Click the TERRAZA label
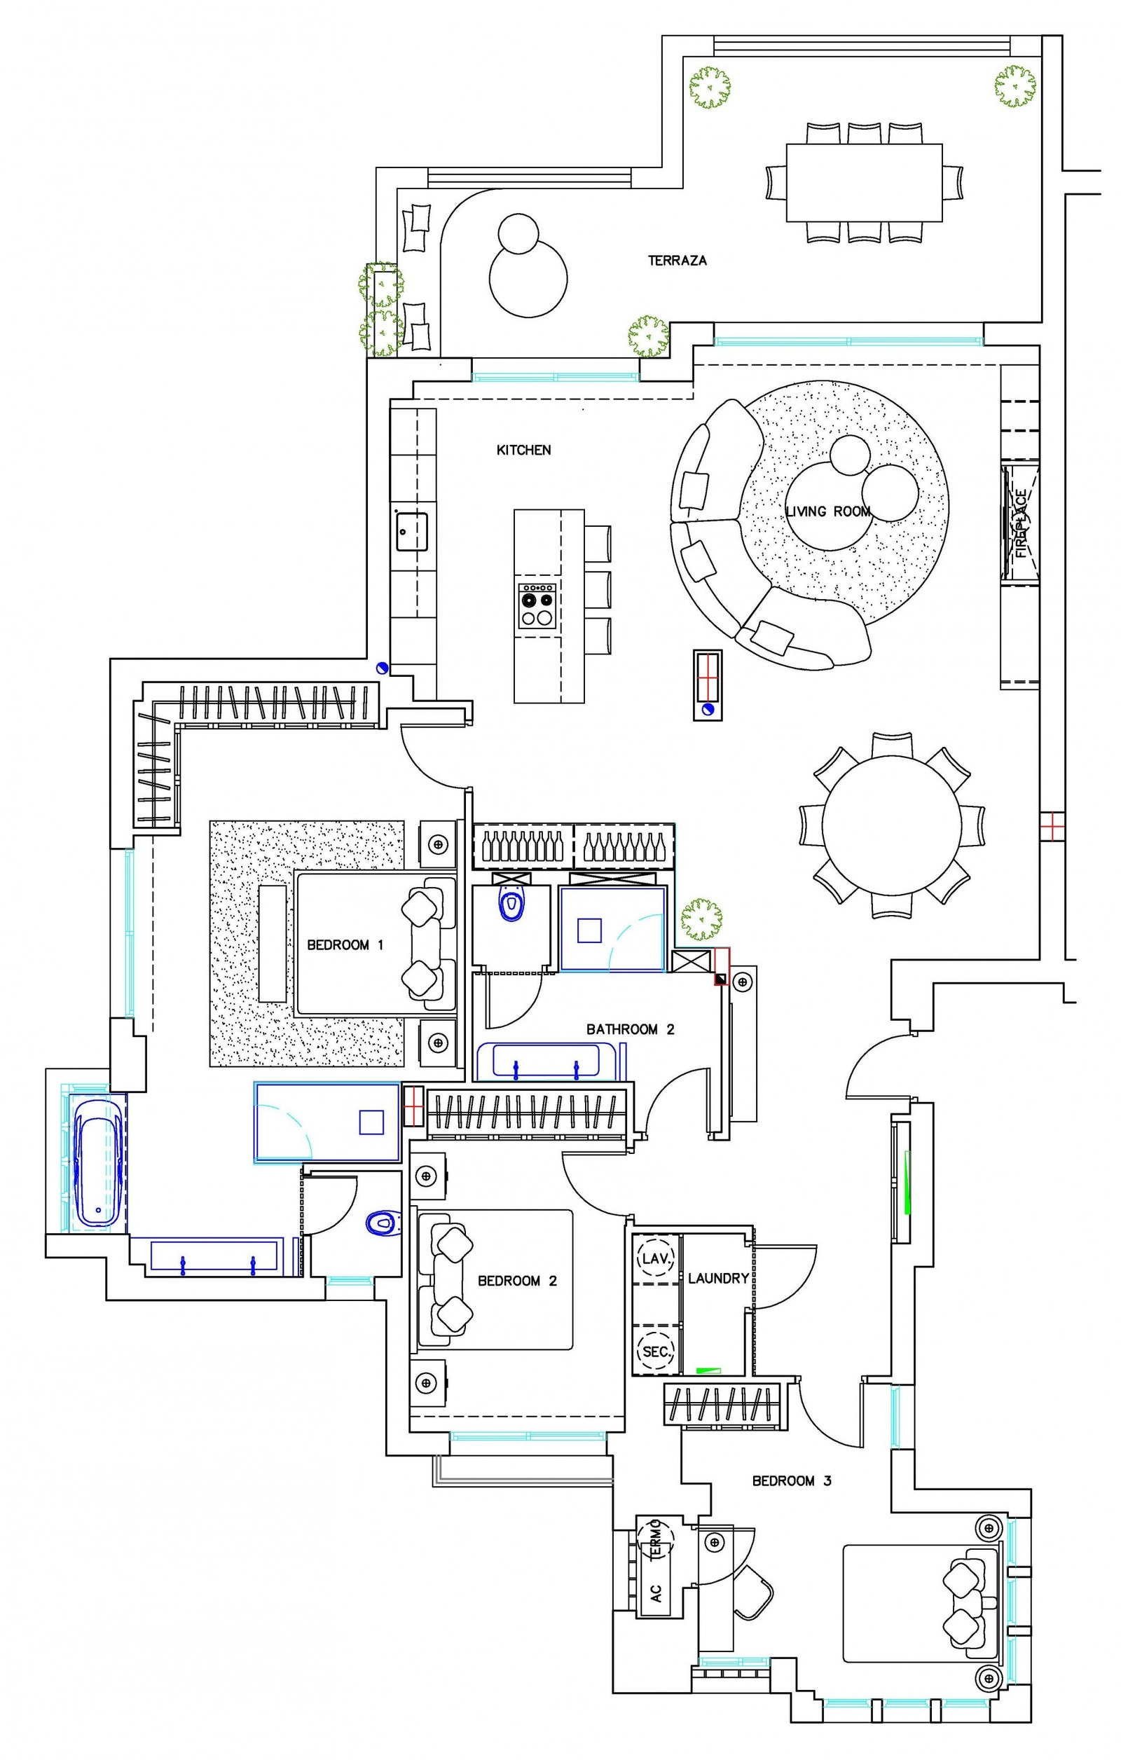coord(677,260)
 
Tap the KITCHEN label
coord(523,451)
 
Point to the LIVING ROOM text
coord(828,511)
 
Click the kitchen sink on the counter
coord(411,530)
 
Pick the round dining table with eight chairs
coord(891,825)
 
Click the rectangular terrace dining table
coord(864,183)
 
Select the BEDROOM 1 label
coord(345,945)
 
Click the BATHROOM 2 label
coord(630,1029)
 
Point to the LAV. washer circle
coord(656,1258)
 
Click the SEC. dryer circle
coord(656,1352)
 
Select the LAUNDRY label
coord(717,1279)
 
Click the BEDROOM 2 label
coord(516,1281)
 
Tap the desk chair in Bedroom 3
coord(752,1593)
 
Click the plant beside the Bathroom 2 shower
coord(701,919)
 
